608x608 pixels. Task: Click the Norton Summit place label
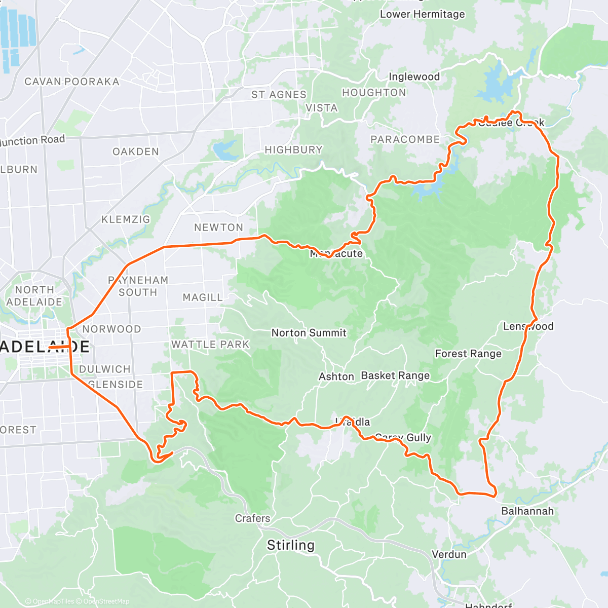tap(309, 333)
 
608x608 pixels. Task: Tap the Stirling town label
tap(291, 545)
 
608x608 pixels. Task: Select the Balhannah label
tap(527, 511)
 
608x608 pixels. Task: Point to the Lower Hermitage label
tap(422, 14)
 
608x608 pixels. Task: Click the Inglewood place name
tap(414, 77)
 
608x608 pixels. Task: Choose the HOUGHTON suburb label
tap(374, 93)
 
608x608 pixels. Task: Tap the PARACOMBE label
tap(405, 139)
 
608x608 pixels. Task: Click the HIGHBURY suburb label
tap(293, 150)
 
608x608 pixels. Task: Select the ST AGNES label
tap(279, 95)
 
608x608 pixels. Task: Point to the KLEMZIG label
tap(126, 219)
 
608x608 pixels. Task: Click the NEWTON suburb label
tap(218, 227)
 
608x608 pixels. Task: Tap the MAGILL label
tap(203, 297)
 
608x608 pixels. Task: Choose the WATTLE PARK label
tap(210, 345)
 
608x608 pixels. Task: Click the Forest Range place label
tap(468, 354)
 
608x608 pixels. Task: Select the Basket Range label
tap(395, 375)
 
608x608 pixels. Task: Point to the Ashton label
tap(336, 376)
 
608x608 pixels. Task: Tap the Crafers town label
tap(252, 518)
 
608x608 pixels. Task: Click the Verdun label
tap(449, 554)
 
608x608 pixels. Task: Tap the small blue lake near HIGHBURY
tap(223, 150)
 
